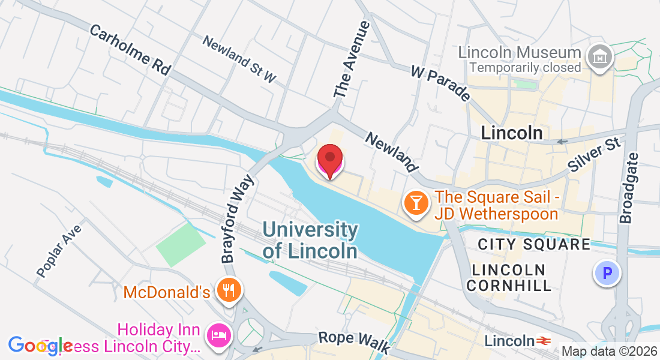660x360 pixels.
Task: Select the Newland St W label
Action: (x=239, y=59)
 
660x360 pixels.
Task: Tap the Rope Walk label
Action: (x=354, y=342)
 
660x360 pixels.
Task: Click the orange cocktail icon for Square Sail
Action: (x=415, y=203)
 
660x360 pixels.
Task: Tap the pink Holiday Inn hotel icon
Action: (x=216, y=335)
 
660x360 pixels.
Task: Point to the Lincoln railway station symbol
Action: (x=544, y=341)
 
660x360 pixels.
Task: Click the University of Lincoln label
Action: (x=310, y=239)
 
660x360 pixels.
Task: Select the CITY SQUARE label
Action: (x=534, y=244)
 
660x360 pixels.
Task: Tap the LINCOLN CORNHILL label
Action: (x=508, y=277)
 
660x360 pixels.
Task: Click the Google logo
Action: (x=41, y=345)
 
